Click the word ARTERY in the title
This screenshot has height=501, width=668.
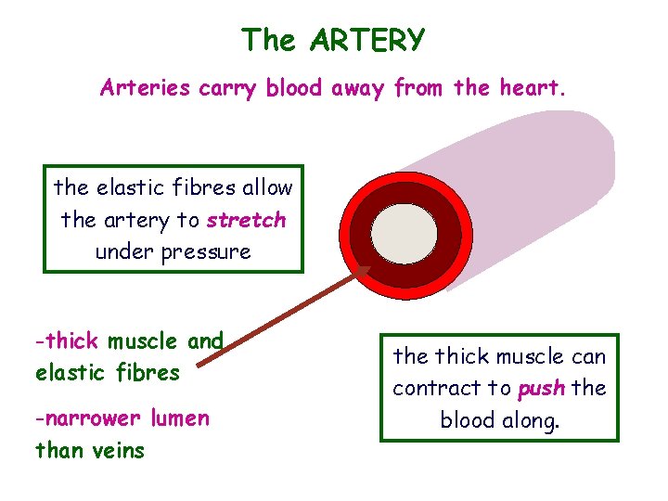click(x=368, y=40)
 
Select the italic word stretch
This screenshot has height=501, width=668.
click(x=246, y=220)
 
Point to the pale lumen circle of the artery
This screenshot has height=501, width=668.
click(x=404, y=231)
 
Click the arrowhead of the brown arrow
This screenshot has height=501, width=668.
click(x=363, y=274)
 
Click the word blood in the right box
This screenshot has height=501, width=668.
click(x=466, y=420)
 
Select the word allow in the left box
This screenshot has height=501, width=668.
click(x=266, y=187)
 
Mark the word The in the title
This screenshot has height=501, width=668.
click(x=269, y=40)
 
